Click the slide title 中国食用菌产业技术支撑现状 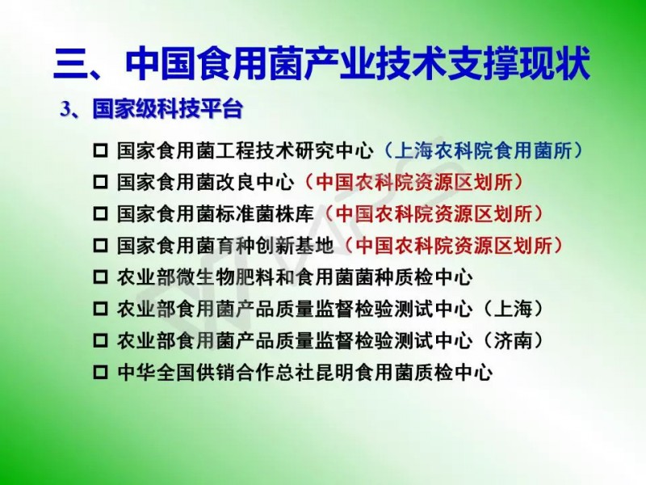358,65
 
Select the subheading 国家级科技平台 168,109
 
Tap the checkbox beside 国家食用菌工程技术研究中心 100,151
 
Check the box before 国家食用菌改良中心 100,183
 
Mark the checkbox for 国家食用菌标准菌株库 100,214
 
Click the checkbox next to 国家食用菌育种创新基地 100,246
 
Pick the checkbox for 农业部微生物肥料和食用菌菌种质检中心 100,277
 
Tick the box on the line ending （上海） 100,309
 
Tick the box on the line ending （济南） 100,340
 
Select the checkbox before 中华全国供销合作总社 100,373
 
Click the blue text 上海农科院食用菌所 483,151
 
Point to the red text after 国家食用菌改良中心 414,183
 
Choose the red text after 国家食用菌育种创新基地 454,246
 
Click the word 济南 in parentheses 513,340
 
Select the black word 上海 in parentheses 513,309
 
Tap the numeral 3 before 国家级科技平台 65,110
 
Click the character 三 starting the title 71,65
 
